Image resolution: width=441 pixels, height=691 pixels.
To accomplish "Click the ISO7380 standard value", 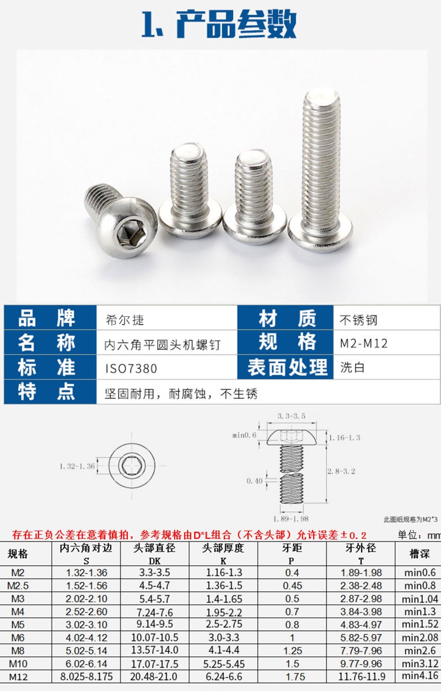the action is click(131, 369).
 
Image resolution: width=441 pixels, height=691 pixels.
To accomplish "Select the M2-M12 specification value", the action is click(363, 343).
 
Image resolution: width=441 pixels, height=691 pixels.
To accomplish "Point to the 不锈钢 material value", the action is click(358, 320).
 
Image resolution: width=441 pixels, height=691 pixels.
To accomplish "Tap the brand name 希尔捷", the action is click(125, 320).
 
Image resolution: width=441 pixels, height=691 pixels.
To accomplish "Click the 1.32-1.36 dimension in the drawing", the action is click(77, 466).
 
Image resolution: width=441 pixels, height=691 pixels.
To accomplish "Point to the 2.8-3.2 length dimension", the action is click(341, 471).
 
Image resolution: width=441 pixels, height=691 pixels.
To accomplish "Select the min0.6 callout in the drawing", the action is click(244, 435).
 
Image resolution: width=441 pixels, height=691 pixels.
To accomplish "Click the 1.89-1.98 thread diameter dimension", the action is click(291, 519).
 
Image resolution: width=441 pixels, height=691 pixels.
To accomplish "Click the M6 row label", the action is click(18, 638).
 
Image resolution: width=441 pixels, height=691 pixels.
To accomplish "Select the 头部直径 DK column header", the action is click(154, 554).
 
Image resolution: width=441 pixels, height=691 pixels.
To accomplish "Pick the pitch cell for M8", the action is click(292, 651).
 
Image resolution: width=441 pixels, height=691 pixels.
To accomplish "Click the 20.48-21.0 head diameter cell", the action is click(154, 677).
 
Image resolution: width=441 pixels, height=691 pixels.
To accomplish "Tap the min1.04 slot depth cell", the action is click(420, 599).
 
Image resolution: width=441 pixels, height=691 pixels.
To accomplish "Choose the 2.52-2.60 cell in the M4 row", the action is click(87, 612).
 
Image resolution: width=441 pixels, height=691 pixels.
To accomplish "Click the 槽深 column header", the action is click(420, 554).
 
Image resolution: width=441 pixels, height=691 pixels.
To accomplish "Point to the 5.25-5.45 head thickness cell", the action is click(224, 663).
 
